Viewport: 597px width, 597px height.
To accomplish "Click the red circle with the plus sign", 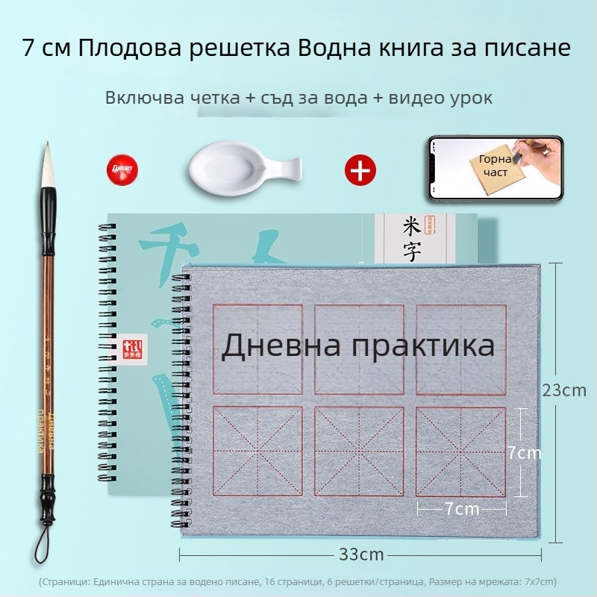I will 360,170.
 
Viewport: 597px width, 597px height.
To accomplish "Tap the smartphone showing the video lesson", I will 495,169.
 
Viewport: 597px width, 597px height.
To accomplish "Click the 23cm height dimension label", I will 564,390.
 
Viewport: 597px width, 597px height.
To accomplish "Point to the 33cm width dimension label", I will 361,554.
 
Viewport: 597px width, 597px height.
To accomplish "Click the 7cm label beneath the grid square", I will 461,509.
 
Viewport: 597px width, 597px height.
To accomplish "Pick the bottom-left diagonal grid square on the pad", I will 258,451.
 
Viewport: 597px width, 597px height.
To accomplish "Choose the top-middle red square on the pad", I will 360,349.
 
